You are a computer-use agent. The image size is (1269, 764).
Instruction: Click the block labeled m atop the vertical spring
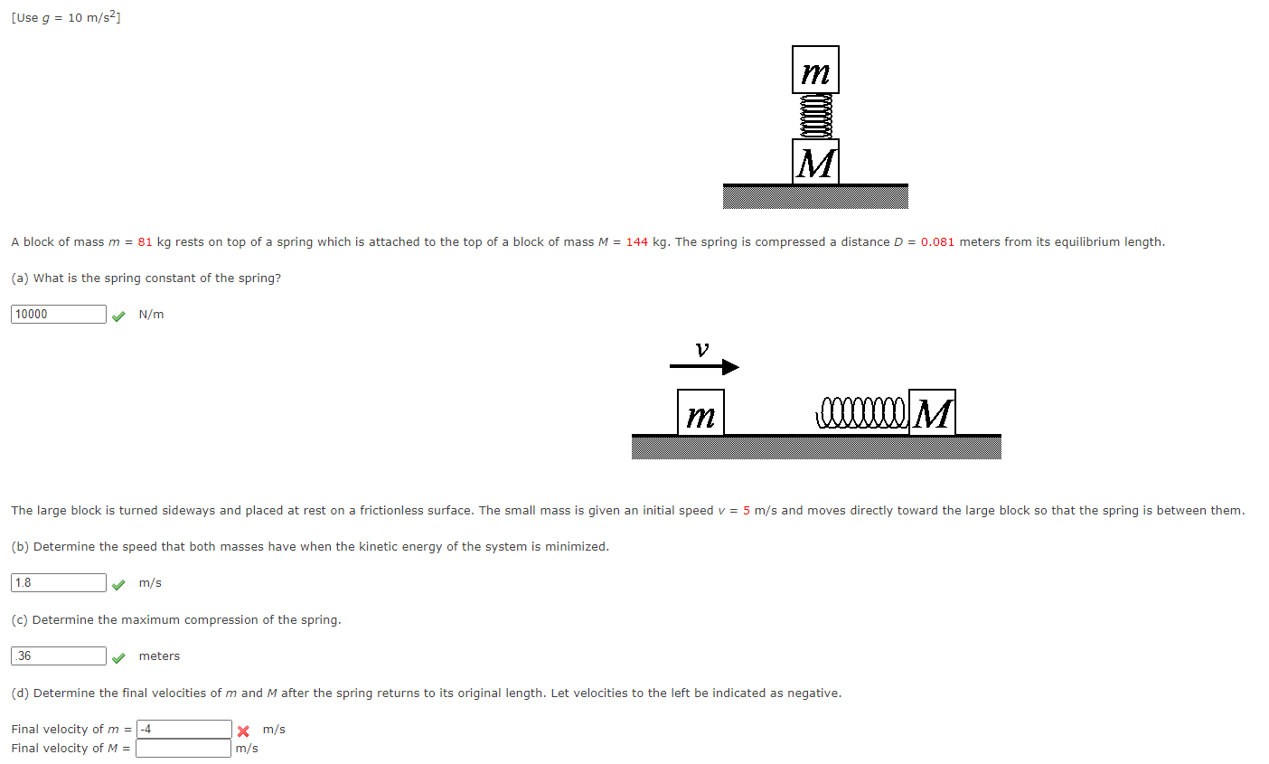815,70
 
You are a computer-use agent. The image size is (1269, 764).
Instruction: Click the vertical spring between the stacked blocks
815,116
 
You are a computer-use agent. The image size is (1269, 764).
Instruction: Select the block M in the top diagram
815,162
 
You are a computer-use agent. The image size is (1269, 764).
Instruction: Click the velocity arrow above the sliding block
704,366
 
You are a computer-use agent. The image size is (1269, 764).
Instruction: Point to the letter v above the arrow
702,349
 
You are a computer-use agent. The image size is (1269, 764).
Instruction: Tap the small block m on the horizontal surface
700,413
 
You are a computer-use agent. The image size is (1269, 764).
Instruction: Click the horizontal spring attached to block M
860,412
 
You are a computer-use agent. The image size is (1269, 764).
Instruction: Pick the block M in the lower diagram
932,413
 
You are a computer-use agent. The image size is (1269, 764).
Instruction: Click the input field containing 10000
59,314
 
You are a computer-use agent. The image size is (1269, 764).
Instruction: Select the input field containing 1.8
59,582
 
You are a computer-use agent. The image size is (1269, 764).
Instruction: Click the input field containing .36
59,656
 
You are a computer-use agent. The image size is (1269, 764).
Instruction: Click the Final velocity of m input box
184,729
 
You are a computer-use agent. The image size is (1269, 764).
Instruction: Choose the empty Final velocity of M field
183,748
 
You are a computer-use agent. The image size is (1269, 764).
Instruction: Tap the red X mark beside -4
243,731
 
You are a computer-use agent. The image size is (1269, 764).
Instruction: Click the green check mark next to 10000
118,316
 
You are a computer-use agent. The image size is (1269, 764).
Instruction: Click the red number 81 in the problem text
145,241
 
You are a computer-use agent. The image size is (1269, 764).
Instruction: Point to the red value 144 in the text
636,241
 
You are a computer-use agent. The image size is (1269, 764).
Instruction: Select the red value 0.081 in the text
937,241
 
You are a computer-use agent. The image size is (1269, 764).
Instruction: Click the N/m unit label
151,314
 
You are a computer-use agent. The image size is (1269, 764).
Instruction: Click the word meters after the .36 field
159,656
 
